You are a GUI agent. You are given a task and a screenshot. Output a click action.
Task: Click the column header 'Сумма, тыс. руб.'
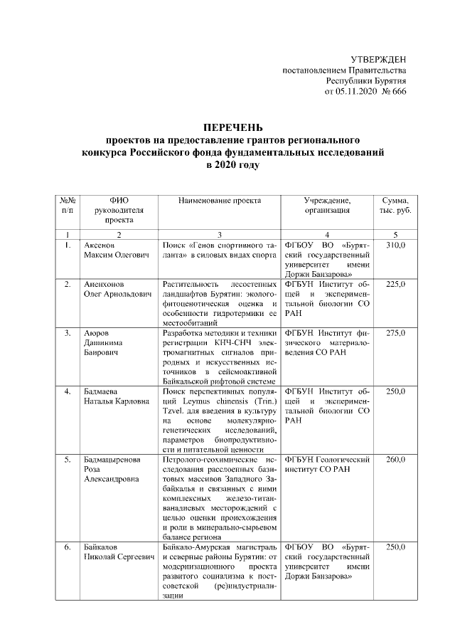pyautogui.click(x=395, y=206)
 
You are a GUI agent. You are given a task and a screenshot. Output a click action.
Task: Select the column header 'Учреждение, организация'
pyautogui.click(x=327, y=206)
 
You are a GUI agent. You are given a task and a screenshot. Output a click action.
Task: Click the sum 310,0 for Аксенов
pyautogui.click(x=395, y=246)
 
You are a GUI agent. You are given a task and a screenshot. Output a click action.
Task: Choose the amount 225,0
pyautogui.click(x=395, y=285)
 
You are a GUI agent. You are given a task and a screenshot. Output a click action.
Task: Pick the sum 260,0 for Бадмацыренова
pyautogui.click(x=395, y=460)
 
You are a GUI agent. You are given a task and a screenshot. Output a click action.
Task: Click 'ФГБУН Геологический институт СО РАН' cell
pyautogui.click(x=327, y=465)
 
